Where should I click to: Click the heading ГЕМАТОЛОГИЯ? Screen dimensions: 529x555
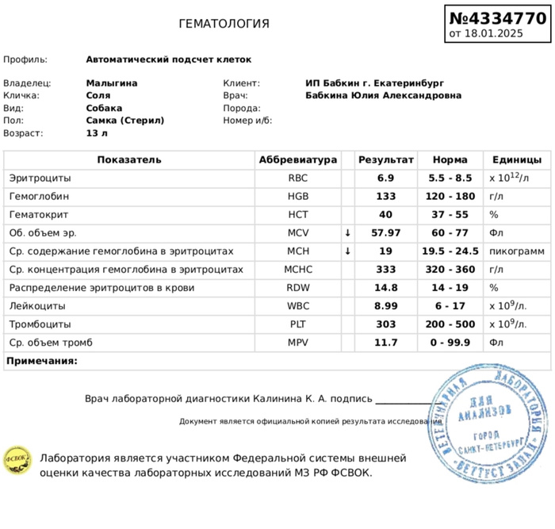tap(224, 24)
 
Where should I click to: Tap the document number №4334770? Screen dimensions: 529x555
tap(497, 17)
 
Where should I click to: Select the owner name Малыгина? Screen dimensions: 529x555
tap(112, 82)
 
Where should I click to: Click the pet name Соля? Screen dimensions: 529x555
tap(98, 95)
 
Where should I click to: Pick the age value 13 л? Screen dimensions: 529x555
tap(97, 133)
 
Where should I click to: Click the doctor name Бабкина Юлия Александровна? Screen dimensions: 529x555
tap(383, 95)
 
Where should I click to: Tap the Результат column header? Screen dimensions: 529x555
tap(386, 160)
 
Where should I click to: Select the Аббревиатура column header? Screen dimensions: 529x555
tap(298, 160)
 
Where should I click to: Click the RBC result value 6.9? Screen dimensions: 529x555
tap(386, 178)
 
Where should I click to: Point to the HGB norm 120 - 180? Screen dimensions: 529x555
tap(450, 197)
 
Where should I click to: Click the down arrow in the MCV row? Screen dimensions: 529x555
tap(347, 233)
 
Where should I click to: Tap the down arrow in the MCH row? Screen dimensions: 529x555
tap(347, 251)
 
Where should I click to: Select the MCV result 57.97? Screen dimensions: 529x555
tap(386, 233)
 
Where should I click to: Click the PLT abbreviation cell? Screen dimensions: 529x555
tap(298, 324)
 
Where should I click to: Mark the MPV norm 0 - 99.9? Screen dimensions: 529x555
tap(450, 343)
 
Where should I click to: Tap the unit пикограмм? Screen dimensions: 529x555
tap(517, 251)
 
